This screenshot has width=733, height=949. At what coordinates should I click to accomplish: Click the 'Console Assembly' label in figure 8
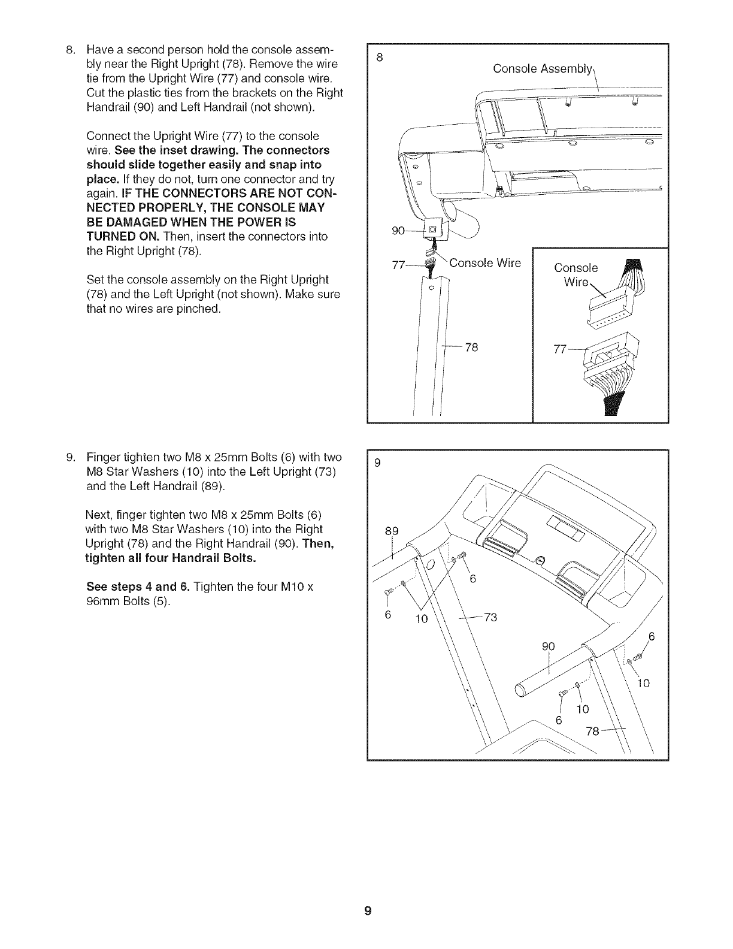[x=543, y=68]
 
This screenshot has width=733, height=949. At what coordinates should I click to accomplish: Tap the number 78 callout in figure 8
[x=471, y=347]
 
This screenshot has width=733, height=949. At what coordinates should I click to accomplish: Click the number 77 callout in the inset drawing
[x=561, y=350]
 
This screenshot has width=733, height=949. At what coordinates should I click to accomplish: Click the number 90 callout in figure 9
[x=549, y=646]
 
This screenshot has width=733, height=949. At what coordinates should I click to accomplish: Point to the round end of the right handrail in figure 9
[x=521, y=690]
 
